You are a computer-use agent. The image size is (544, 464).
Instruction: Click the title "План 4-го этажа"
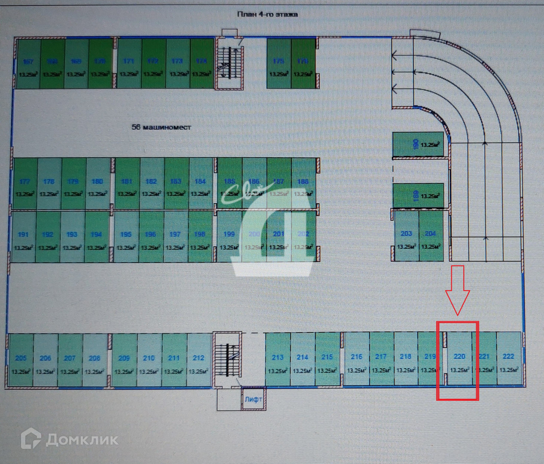[267, 14]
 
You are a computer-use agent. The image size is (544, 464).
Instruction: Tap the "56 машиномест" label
[161, 127]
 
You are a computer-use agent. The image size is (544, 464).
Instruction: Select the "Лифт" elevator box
[253, 399]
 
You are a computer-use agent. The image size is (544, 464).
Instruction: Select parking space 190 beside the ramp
[419, 144]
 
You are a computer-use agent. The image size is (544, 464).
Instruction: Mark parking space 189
[419, 195]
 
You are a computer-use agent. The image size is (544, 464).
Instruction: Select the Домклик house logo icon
[31, 439]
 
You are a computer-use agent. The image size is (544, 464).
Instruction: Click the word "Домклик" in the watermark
[82, 440]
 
